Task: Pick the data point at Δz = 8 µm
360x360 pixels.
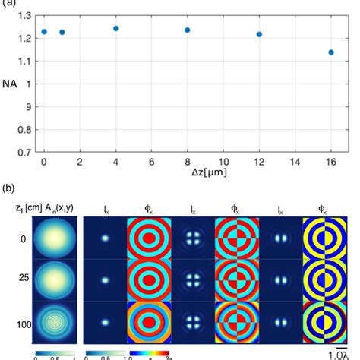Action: coord(187,30)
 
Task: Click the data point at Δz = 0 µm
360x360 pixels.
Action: coord(44,32)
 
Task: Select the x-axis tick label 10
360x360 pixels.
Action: coord(223,162)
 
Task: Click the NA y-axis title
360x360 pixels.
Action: coord(8,84)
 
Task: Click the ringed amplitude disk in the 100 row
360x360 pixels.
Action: coord(57,322)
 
